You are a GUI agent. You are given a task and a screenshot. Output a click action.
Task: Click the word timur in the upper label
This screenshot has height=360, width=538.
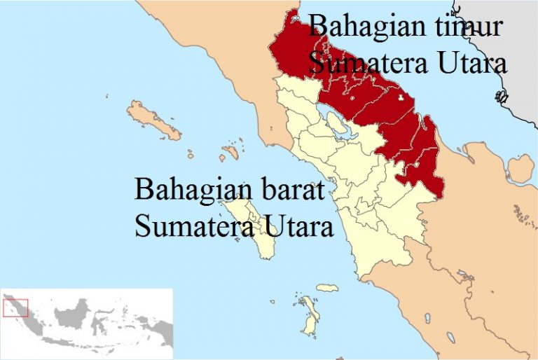[467, 27]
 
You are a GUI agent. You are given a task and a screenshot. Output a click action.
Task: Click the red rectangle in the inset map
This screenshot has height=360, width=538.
[15, 307]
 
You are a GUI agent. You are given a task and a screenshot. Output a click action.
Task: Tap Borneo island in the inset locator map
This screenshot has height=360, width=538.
[76, 315]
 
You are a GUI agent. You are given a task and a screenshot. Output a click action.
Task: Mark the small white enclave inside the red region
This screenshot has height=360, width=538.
[401, 99]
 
